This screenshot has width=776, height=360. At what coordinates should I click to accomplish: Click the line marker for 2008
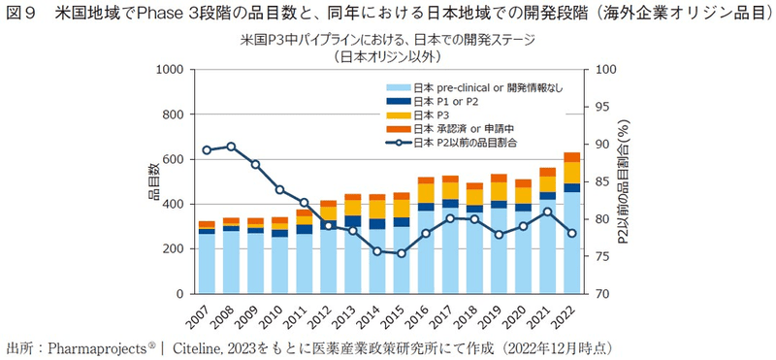pos(231,147)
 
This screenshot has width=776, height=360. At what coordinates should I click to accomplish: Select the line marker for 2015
pos(401,253)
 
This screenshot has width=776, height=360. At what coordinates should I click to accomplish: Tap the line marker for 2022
pos(571,233)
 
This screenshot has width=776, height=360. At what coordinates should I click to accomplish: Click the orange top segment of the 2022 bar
pos(571,157)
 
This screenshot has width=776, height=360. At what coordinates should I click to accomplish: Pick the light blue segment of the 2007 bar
pos(207,263)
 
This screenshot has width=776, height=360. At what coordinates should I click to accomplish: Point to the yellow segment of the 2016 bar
pos(425,193)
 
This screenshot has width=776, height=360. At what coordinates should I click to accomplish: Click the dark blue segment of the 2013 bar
pos(352,222)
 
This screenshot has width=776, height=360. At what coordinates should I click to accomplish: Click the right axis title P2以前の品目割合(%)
pos(623,182)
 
